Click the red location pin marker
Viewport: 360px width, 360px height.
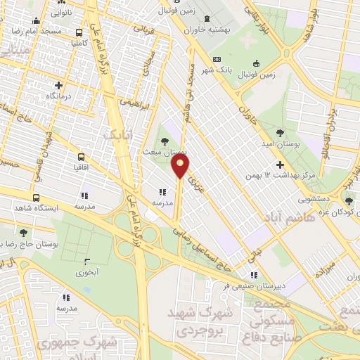(181, 167)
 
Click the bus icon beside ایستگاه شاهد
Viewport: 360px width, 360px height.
(36, 198)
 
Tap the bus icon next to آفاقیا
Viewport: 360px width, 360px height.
(81, 157)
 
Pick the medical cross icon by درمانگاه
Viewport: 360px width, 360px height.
(58, 86)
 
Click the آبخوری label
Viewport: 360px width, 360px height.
(86, 271)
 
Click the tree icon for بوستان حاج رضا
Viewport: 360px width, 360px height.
(23, 232)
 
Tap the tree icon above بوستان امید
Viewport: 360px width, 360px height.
(281, 132)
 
